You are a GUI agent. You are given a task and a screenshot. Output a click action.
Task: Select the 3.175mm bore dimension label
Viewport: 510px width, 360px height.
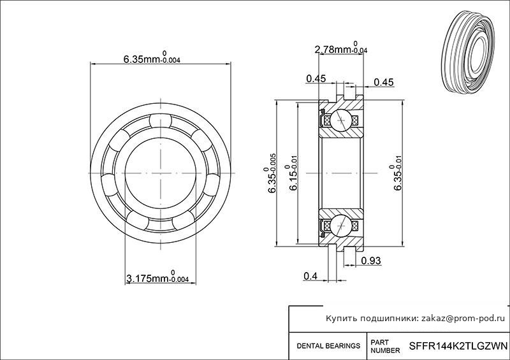157,277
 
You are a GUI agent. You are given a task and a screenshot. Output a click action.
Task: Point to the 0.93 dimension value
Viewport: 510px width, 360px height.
371,261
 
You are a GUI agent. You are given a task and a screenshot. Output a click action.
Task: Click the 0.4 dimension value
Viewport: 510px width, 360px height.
310,276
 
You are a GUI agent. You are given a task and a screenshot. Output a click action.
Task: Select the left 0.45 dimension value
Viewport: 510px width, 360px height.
316,79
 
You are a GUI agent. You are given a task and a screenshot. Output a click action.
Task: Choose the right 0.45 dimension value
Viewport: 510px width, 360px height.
384,82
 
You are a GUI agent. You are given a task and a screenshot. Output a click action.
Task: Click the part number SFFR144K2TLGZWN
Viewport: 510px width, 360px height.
458,345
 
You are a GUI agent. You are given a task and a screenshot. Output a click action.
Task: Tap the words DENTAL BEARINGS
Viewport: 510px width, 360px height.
328,346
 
